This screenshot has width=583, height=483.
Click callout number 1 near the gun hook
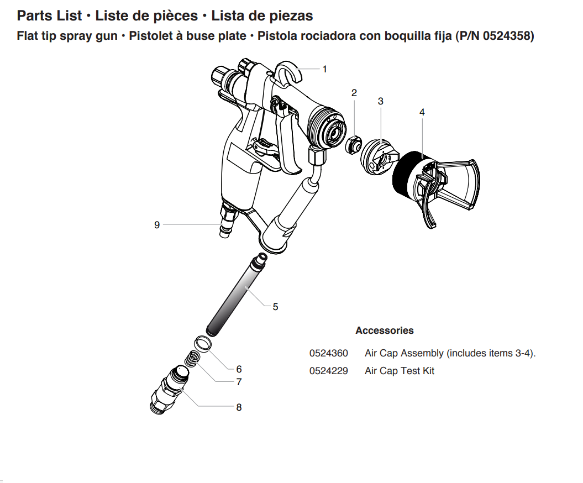pyautogui.click(x=325, y=69)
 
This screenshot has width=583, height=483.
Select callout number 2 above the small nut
pyautogui.click(x=354, y=93)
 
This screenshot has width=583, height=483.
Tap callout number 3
pyautogui.click(x=381, y=101)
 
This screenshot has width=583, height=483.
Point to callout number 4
pyautogui.click(x=422, y=112)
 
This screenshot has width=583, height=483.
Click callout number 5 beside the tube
pyautogui.click(x=275, y=307)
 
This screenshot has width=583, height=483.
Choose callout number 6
pyautogui.click(x=239, y=369)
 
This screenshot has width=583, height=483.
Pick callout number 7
pyautogui.click(x=239, y=381)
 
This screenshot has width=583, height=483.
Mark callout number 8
pyautogui.click(x=239, y=407)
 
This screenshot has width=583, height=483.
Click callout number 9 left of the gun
pyautogui.click(x=157, y=225)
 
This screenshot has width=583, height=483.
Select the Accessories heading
pyautogui.click(x=384, y=330)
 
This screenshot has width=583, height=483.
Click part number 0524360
pyautogui.click(x=328, y=353)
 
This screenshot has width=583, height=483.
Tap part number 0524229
pyautogui.click(x=328, y=371)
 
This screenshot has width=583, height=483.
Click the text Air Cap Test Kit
pyautogui.click(x=399, y=371)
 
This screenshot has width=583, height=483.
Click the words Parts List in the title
pyautogui.click(x=50, y=15)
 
